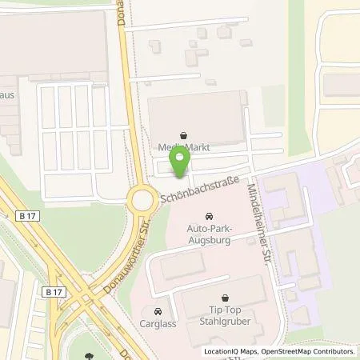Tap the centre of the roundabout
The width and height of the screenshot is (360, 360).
[143, 199]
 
